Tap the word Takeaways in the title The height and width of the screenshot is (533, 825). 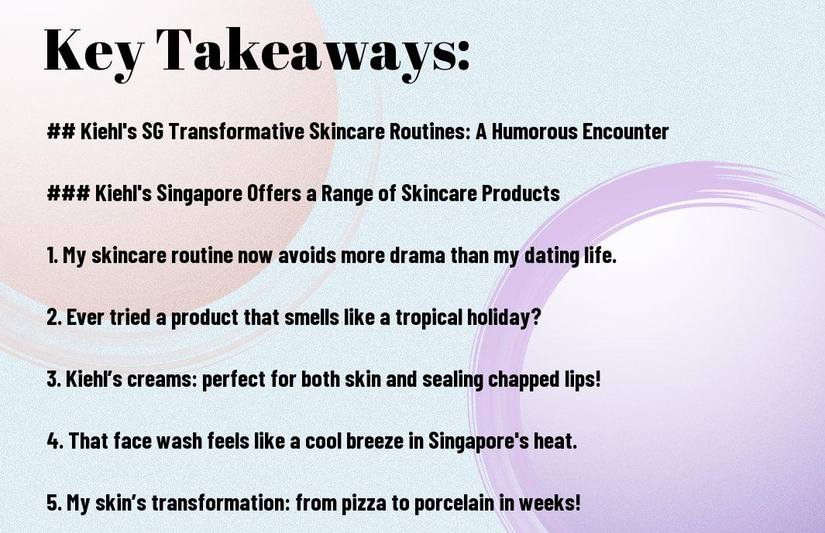(306, 52)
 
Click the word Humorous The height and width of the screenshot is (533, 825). (535, 132)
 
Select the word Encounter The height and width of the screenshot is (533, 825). (626, 132)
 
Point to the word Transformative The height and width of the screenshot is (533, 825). (236, 132)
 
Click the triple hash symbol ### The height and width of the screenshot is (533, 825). (68, 193)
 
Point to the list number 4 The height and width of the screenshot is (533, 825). (55, 441)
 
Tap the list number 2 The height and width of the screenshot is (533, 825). (55, 317)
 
